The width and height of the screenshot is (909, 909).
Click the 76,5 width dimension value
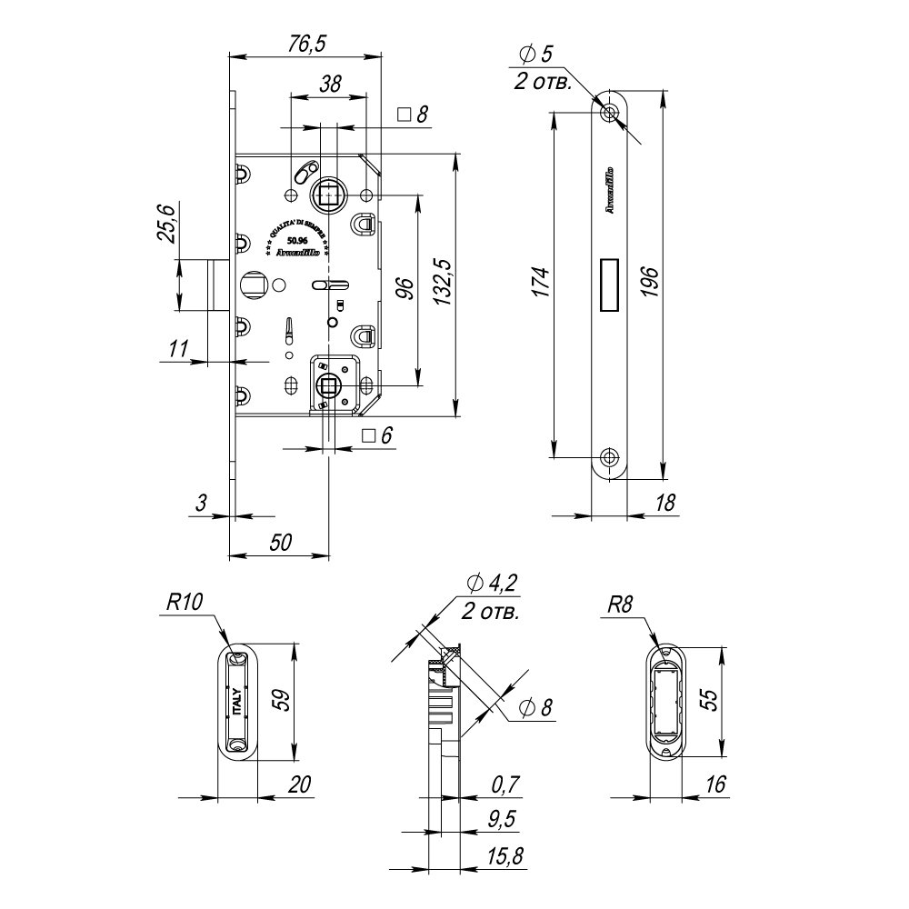tap(305, 44)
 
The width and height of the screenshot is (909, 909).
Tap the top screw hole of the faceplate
tap(609, 112)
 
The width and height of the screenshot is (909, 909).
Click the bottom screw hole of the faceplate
tap(609, 455)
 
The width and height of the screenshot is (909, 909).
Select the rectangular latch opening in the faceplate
tap(609, 284)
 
